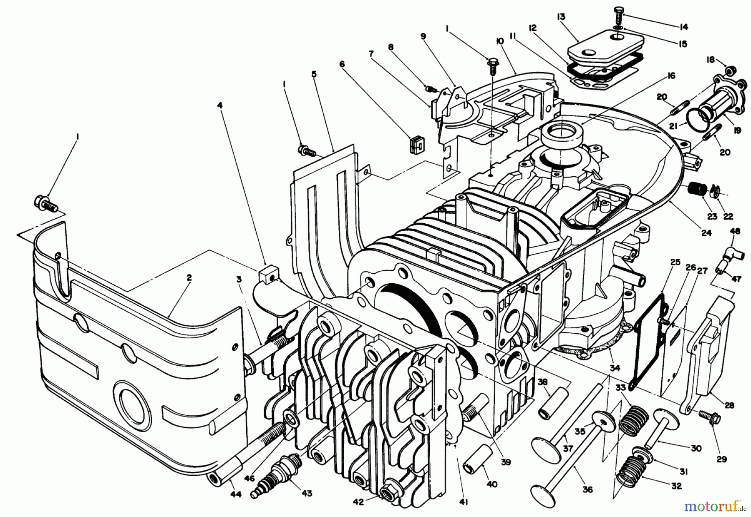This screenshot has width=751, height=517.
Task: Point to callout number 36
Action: pyautogui.click(x=587, y=490)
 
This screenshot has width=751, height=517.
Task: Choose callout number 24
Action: pyautogui.click(x=706, y=233)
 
